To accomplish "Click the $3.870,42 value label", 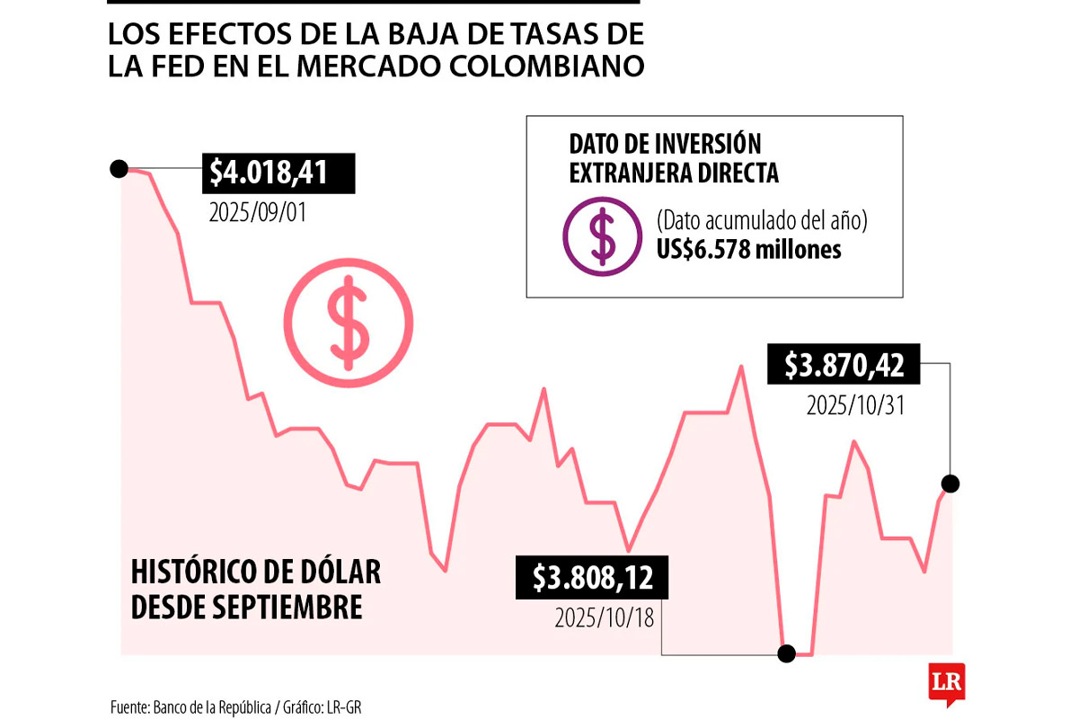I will point(844,365).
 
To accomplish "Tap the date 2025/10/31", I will point(854,405).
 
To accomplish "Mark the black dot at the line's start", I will point(118,168).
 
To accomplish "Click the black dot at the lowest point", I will point(787,653).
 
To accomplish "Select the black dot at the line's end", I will point(951,484).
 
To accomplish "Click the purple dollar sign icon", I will point(602,235).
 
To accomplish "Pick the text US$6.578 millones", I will point(748,249).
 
